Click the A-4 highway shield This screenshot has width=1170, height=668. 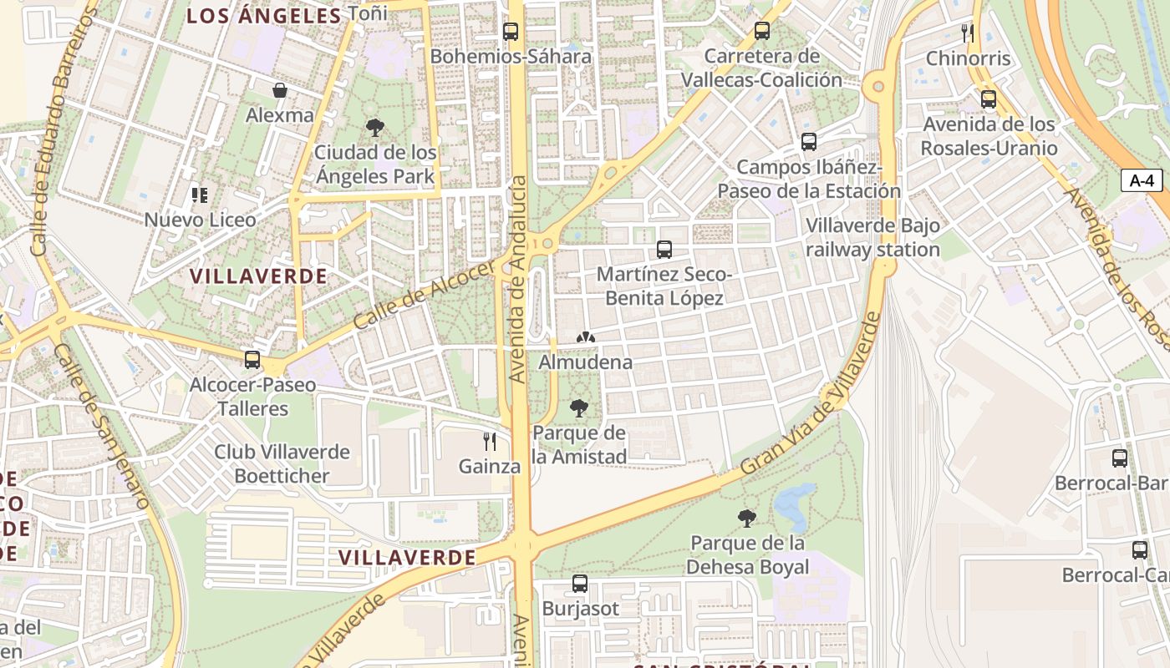pyautogui.click(x=1141, y=180)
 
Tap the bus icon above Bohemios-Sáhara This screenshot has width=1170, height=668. pyautogui.click(x=511, y=32)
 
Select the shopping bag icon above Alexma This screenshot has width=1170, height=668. pyautogui.click(x=280, y=90)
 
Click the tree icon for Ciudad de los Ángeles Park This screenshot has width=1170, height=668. pyautogui.click(x=375, y=128)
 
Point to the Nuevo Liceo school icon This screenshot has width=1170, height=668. pyautogui.click(x=200, y=195)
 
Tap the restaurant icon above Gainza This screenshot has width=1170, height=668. pyautogui.click(x=490, y=441)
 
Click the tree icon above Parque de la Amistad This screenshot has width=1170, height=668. pyautogui.click(x=578, y=408)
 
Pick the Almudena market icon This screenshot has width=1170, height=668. pyautogui.click(x=586, y=338)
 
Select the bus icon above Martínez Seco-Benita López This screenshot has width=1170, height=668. pyautogui.click(x=664, y=249)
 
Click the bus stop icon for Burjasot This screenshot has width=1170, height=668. pyautogui.click(x=580, y=583)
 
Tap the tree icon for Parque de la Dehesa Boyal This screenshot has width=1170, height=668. pyautogui.click(x=747, y=519)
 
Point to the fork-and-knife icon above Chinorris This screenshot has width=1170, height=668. pyautogui.click(x=968, y=33)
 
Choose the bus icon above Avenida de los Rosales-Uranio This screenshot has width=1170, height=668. pyautogui.click(x=989, y=99)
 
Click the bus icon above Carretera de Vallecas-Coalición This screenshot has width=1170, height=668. pyautogui.click(x=761, y=31)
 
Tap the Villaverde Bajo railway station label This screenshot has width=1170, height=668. pyautogui.click(x=872, y=238)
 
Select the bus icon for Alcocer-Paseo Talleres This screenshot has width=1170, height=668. pyautogui.click(x=252, y=360)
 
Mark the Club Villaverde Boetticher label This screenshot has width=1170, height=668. pyautogui.click(x=282, y=464)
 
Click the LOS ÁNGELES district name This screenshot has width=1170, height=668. pyautogui.click(x=264, y=16)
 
